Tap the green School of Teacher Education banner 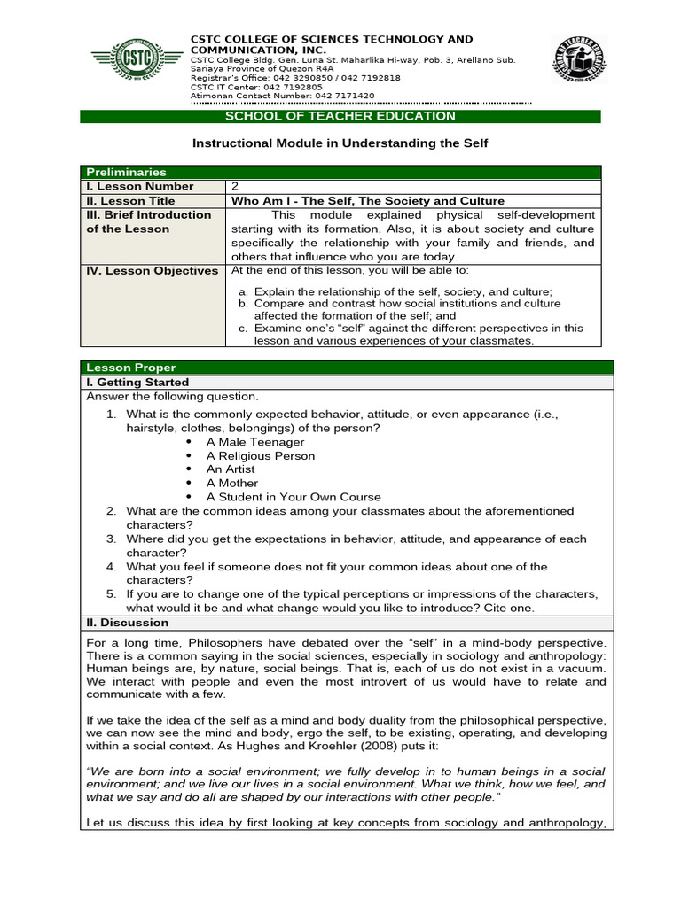pos(340,116)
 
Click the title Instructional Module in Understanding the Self pos(340,143)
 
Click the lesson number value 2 pos(235,186)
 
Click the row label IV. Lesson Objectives pos(152,270)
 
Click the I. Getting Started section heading pos(137,382)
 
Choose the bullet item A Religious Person pos(260,455)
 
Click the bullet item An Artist pos(231,469)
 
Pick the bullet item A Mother pos(232,483)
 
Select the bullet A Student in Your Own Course pos(294,497)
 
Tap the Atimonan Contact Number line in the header pos(282,96)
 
